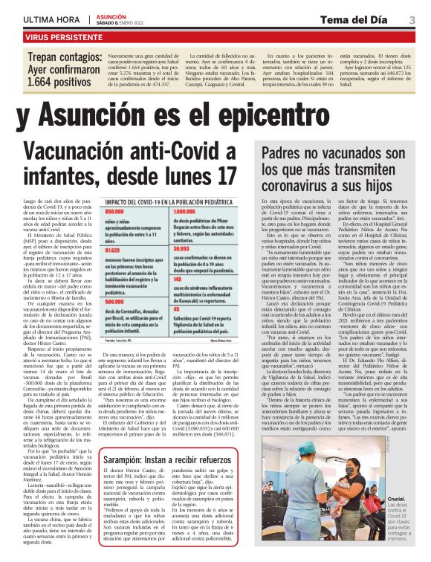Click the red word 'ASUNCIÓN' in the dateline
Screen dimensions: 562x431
(111, 14)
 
